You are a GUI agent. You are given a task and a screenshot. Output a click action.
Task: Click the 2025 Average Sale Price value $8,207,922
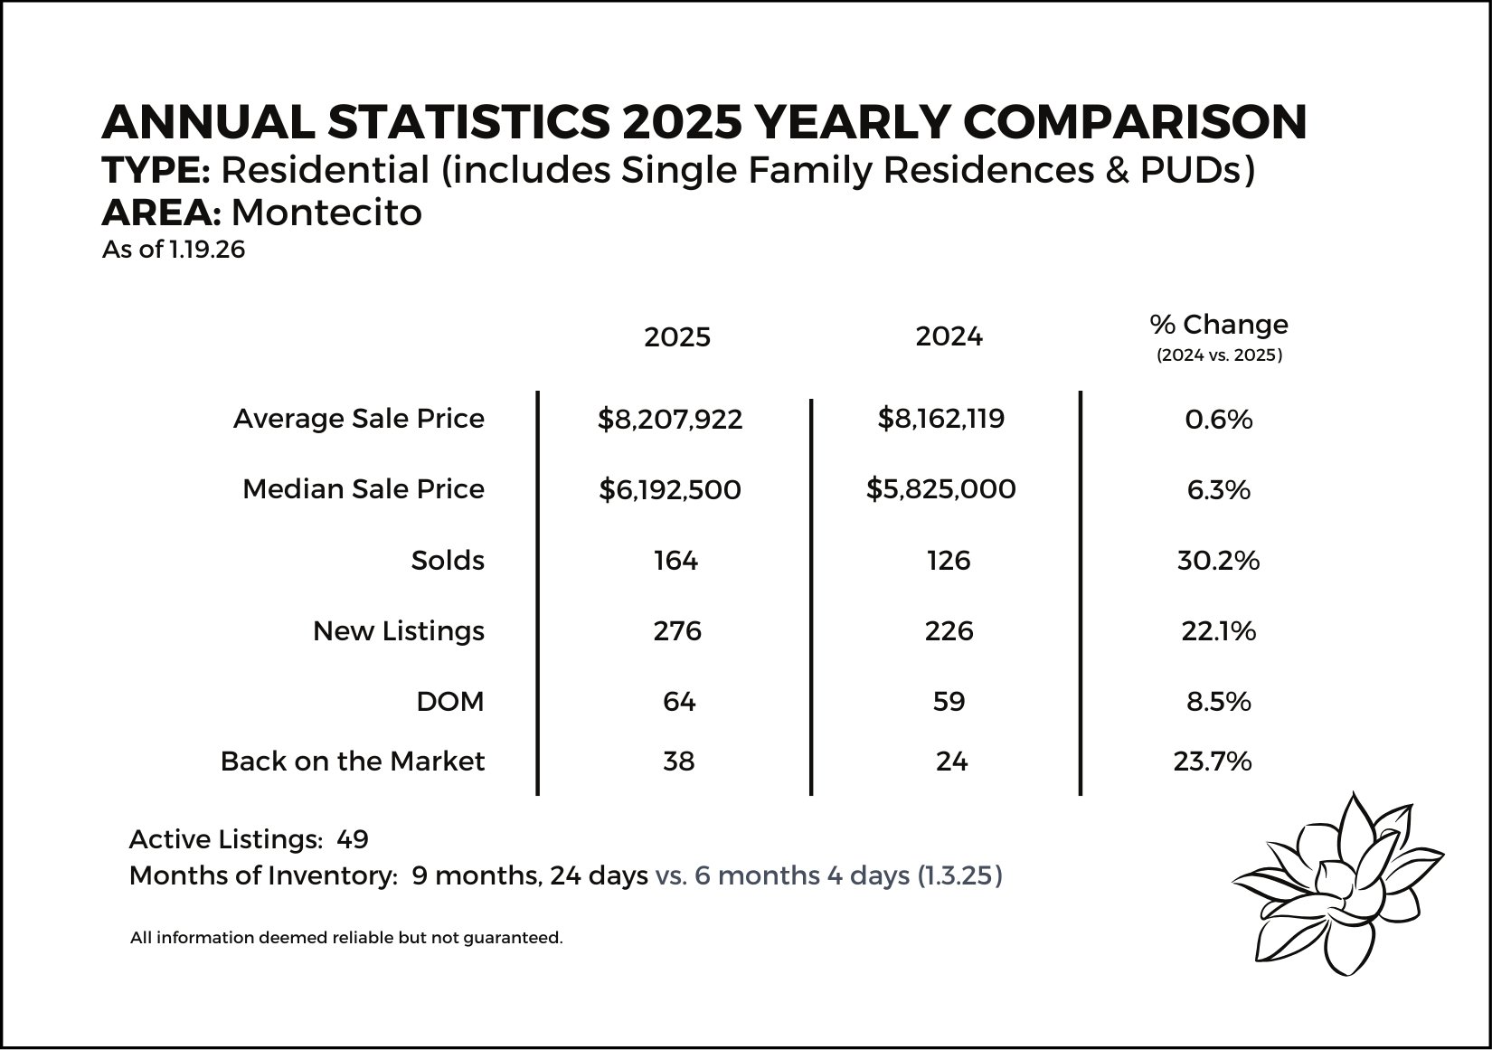(670, 419)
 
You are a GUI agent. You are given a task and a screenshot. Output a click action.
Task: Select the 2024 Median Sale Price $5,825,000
(940, 489)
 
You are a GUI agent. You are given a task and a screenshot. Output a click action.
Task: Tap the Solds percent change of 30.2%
(1218, 561)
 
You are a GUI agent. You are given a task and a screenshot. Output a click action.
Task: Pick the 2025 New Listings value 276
(677, 630)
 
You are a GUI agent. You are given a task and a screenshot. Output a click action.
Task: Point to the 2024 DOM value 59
(949, 702)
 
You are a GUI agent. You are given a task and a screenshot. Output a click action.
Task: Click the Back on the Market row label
(353, 761)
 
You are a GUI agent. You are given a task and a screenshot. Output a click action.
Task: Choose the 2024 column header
(949, 336)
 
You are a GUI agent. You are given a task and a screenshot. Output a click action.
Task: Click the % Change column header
(1219, 325)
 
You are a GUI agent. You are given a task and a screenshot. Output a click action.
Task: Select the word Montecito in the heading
(326, 213)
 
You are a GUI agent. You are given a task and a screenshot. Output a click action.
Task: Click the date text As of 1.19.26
(174, 250)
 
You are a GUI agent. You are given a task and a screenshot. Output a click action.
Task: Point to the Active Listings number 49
(353, 840)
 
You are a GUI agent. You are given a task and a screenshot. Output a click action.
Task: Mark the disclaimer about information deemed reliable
(346, 938)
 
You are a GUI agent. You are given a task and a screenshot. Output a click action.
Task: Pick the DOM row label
(450, 702)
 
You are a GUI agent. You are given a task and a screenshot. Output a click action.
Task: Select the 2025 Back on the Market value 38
(678, 761)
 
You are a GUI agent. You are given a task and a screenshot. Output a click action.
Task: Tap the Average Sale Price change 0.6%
(1218, 420)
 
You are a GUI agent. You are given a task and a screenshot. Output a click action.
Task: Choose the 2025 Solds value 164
(676, 561)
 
